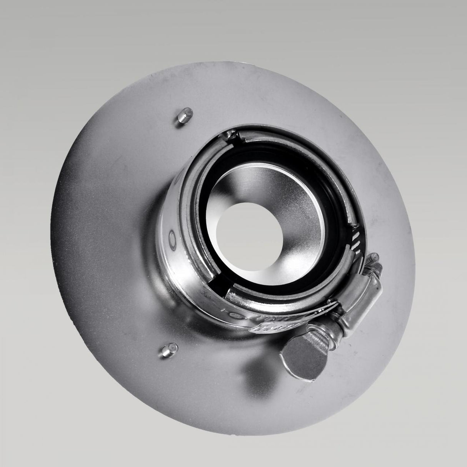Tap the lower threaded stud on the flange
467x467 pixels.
167,349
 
